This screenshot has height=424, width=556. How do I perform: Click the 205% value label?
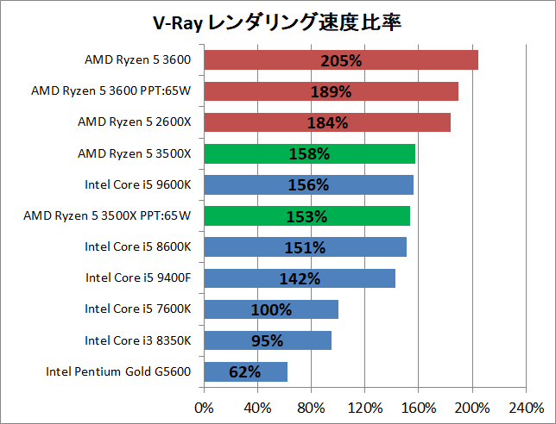click(x=341, y=61)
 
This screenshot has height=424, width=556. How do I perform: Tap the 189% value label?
click(x=331, y=92)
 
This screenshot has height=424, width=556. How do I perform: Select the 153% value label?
click(x=306, y=216)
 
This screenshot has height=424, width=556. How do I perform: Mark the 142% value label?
click(x=300, y=278)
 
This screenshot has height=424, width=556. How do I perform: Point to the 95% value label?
click(x=268, y=340)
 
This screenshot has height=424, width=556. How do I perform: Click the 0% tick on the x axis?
click(x=205, y=407)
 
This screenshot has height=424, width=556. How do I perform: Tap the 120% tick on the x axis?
click(x=365, y=407)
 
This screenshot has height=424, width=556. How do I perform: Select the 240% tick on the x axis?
click(x=526, y=407)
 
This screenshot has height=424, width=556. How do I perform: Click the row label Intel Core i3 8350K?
click(x=138, y=340)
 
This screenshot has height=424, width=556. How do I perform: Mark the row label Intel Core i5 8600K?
click(x=138, y=246)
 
